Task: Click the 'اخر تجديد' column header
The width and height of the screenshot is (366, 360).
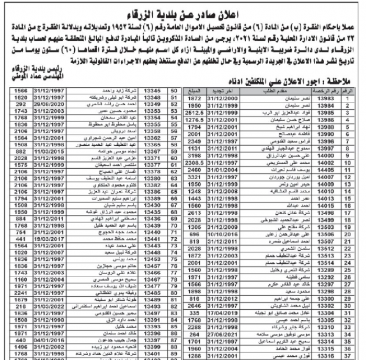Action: pyautogui.click(x=221, y=91)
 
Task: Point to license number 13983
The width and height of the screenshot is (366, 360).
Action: pyautogui.click(x=324, y=98)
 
